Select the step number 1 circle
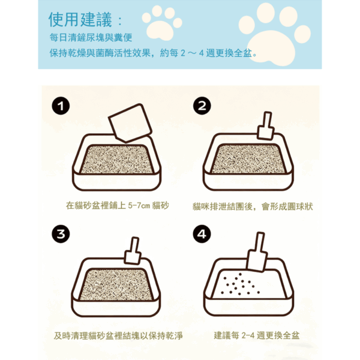tap(60, 107)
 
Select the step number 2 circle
tap(202, 107)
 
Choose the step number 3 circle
tap(60, 234)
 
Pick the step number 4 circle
tap(202, 234)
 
